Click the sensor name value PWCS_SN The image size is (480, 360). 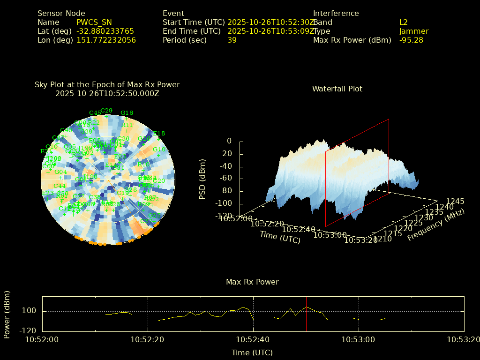(94, 22)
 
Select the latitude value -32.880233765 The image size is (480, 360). (105, 31)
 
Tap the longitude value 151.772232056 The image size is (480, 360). (106, 40)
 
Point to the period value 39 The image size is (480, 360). (232, 40)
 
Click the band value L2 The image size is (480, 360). (404, 22)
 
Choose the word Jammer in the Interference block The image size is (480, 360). (414, 31)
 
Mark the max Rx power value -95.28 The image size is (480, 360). (411, 40)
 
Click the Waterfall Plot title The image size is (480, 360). (337, 89)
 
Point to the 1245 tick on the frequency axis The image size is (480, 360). (455, 201)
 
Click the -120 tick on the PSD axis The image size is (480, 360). (225, 216)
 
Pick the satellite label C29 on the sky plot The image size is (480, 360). (106, 111)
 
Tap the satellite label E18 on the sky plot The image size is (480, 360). (159, 134)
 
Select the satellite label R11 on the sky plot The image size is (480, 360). (127, 125)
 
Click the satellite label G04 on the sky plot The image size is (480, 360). (61, 172)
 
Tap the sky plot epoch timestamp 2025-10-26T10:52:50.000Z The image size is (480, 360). (107, 93)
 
